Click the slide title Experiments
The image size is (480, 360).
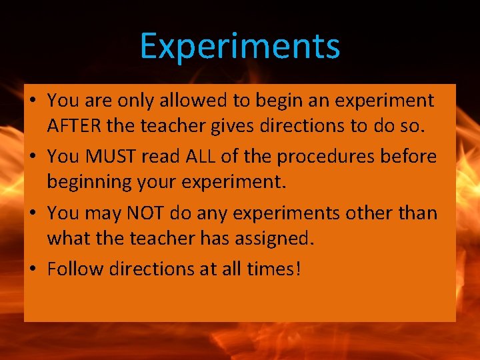click(x=240, y=47)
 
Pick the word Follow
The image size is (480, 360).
click(x=73, y=269)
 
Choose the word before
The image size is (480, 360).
click(x=409, y=157)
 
